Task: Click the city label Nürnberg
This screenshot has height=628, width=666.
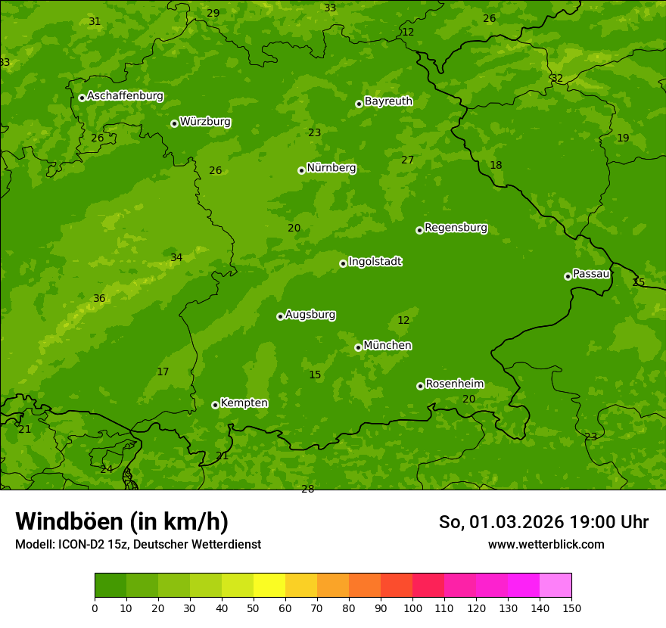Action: [x=331, y=168]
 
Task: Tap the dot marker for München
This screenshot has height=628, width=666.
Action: [x=358, y=347]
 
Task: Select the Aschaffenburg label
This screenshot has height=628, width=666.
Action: [x=125, y=96]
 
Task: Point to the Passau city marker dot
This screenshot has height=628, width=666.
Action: [x=568, y=276]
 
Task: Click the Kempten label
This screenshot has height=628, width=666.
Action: [x=244, y=403]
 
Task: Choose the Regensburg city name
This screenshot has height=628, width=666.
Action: [x=456, y=228]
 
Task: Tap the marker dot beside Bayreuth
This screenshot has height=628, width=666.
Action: [x=359, y=104]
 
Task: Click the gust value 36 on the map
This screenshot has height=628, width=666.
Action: [x=99, y=299]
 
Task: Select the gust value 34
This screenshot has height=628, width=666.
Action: [x=176, y=258]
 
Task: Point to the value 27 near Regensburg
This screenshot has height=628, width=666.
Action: [x=408, y=160]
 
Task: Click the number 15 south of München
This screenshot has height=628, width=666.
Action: [x=315, y=375]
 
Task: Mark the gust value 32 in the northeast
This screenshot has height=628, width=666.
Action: [x=557, y=79]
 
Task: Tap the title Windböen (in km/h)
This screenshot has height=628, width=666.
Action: [x=122, y=521]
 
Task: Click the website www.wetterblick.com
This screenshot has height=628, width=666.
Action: [x=546, y=544]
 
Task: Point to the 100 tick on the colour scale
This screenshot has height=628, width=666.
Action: [x=412, y=608]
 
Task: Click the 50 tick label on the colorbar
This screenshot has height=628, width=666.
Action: [x=254, y=608]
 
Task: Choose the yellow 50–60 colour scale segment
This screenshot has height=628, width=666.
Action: [x=269, y=586]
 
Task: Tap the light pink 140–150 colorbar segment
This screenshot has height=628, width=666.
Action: [x=556, y=586]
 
